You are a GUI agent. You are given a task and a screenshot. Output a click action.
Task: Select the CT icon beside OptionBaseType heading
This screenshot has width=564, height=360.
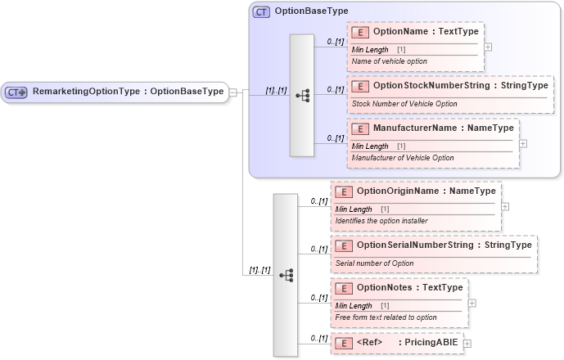pos(261,11)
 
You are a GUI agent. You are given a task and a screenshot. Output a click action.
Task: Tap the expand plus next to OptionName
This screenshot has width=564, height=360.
pos(488,47)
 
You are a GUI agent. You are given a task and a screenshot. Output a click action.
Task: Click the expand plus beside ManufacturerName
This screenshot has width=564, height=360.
pos(523,143)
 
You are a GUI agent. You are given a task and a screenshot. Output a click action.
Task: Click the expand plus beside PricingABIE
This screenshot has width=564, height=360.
pos(467,343)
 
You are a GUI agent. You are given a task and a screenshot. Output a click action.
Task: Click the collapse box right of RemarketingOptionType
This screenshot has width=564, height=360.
pos(233,92)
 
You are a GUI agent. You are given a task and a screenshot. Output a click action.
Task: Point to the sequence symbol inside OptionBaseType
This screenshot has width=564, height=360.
pos(302,95)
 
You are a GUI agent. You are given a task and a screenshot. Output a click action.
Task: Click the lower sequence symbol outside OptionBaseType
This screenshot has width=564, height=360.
pos(286,275)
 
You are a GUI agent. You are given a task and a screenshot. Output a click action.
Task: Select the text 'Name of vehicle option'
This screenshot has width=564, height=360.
pos(389,61)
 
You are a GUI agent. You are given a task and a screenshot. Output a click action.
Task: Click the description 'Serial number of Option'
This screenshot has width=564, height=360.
pos(374,263)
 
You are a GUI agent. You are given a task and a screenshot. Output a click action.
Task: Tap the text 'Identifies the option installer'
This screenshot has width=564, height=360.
pos(381,221)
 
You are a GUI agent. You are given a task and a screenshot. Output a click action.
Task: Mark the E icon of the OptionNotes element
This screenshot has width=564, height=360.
pos(345,287)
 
